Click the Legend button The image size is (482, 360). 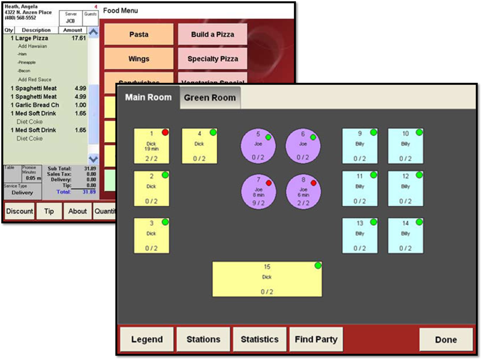pyautogui.click(x=147, y=340)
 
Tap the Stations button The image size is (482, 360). pyautogui.click(x=203, y=340)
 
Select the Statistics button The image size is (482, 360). pyautogui.click(x=260, y=340)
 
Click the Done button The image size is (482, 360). pyautogui.click(x=446, y=340)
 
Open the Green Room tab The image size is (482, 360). pyautogui.click(x=210, y=98)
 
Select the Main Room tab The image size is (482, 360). pyautogui.click(x=148, y=97)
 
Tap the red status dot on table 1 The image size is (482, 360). pyautogui.click(x=165, y=132)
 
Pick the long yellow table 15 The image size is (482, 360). pyautogui.click(x=267, y=279)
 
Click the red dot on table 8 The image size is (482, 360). pyautogui.click(x=313, y=183)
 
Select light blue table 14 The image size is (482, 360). pyautogui.click(x=405, y=236)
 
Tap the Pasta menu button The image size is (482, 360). pyautogui.click(x=139, y=34)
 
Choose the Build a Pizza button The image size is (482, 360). pyautogui.click(x=213, y=34)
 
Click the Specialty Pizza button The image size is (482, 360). pyautogui.click(x=213, y=59)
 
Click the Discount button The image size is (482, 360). pyautogui.click(x=20, y=211)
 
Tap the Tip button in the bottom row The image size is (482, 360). pyautogui.click(x=49, y=211)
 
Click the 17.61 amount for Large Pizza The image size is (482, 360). pyautogui.click(x=79, y=38)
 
